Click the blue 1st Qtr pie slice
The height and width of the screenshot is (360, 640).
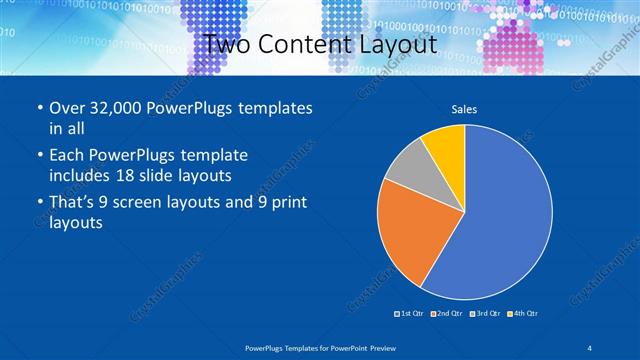coord(505,220)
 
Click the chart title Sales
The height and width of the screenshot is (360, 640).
coord(464,108)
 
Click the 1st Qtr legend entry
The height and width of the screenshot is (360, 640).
coord(411,314)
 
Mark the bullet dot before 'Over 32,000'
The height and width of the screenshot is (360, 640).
coord(38,108)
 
